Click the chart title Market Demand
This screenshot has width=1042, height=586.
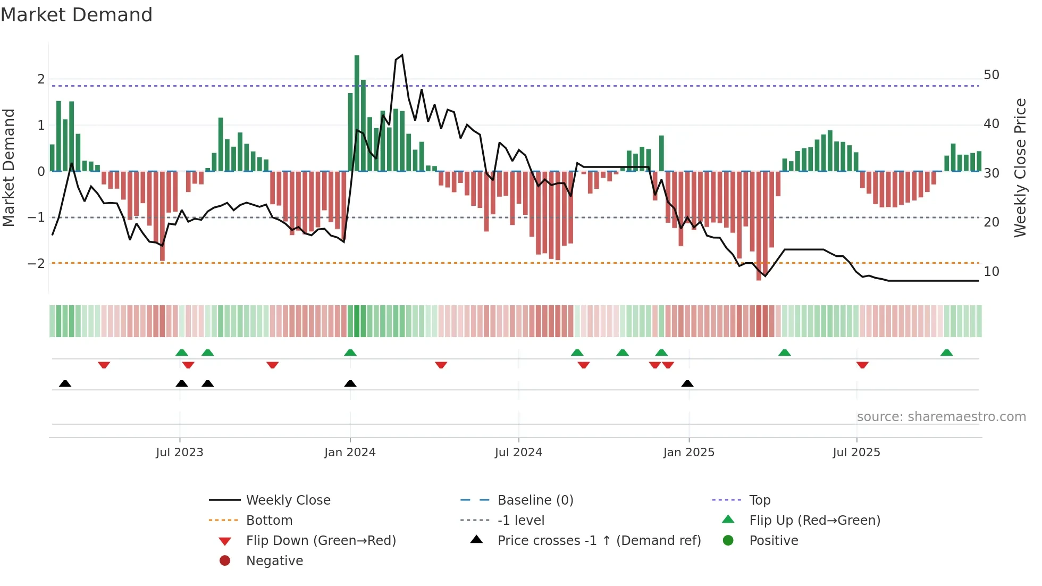[x=77, y=15]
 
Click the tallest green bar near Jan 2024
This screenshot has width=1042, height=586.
[x=357, y=113]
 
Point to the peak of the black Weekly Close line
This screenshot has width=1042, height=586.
[x=402, y=55]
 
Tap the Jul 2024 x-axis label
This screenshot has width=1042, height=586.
[x=518, y=453]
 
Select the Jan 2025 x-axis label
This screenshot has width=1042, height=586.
[x=688, y=453]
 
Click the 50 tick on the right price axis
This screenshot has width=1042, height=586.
[x=991, y=75]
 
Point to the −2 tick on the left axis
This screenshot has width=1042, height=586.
[x=36, y=264]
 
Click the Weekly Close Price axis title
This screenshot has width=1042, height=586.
[x=1020, y=168]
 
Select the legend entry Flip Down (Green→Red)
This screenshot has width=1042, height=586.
[x=321, y=541]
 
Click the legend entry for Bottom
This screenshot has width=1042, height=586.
[x=269, y=521]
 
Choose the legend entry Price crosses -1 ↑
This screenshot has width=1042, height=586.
[x=599, y=541]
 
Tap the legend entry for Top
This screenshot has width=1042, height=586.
[x=759, y=500]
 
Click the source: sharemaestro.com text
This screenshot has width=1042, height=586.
[x=941, y=417]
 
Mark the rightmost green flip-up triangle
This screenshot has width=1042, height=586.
[x=946, y=353]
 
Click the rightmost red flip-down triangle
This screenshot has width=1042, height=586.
[x=862, y=365]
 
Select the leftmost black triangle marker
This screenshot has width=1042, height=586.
[x=65, y=383]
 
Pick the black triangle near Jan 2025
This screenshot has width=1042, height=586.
[x=687, y=383]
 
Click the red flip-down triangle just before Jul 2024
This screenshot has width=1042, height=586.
[x=441, y=365]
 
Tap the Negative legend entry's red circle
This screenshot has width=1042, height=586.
[x=225, y=561]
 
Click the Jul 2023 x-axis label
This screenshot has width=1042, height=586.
[x=179, y=453]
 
